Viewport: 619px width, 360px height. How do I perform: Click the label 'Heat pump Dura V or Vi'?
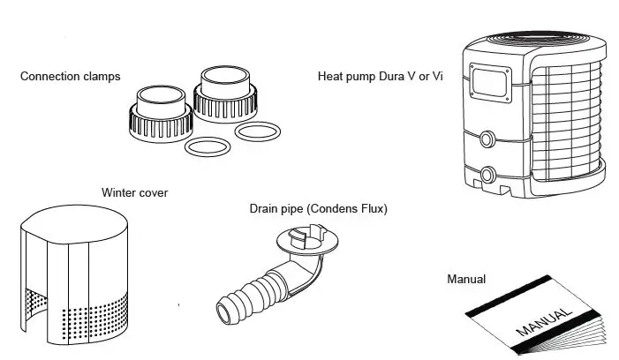click(380, 77)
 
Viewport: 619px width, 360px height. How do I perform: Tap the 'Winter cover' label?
click(134, 191)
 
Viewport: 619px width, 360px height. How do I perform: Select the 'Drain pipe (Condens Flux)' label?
click(318, 209)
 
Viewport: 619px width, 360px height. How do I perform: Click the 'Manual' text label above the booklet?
click(466, 280)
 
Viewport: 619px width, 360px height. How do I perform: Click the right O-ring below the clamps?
click(260, 132)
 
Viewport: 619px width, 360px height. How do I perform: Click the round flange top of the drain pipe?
click(304, 239)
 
